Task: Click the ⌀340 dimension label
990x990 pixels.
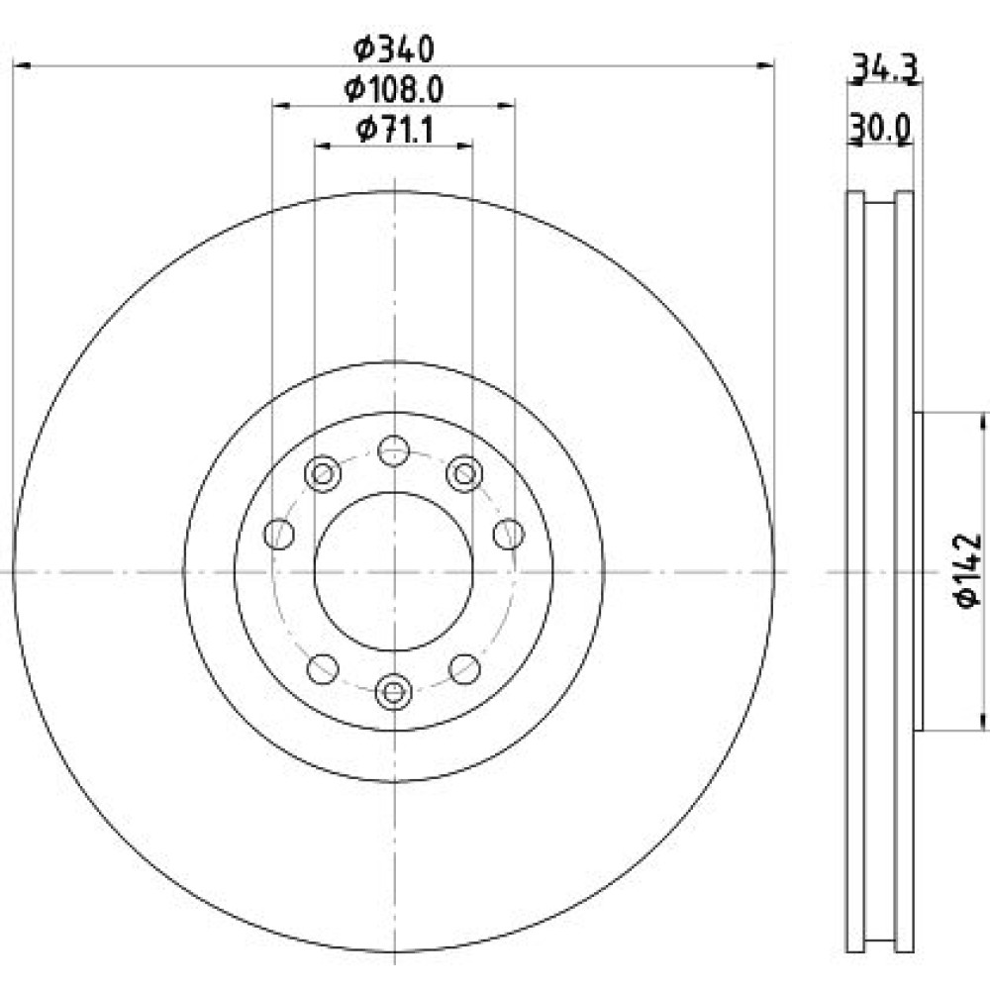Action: tap(394, 49)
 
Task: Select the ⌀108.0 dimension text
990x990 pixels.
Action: tap(394, 90)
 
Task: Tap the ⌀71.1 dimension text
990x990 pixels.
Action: tap(395, 130)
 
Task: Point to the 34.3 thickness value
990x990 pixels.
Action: tap(884, 68)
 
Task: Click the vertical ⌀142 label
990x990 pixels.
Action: tap(969, 571)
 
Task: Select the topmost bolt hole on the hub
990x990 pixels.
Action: tap(393, 450)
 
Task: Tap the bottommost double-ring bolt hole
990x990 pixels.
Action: tap(393, 692)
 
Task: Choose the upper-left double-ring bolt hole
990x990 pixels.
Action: tap(323, 473)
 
